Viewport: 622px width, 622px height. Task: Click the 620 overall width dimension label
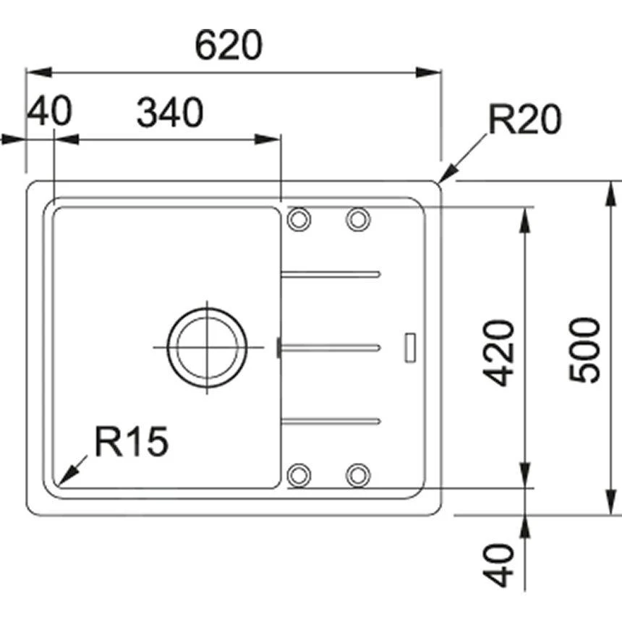(229, 47)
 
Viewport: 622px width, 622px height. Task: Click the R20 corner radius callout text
(524, 120)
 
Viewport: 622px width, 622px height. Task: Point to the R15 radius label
(131, 442)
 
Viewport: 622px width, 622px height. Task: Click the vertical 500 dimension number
(584, 350)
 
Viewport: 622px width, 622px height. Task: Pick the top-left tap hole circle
(298, 219)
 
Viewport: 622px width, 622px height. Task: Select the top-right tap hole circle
(357, 219)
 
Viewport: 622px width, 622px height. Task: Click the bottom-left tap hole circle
(298, 475)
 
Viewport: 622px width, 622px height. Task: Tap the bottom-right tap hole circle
(357, 475)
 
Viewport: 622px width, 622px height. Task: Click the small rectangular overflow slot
(409, 346)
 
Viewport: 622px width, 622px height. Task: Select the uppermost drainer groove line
(331, 274)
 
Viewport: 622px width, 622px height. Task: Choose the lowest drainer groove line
(331, 420)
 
